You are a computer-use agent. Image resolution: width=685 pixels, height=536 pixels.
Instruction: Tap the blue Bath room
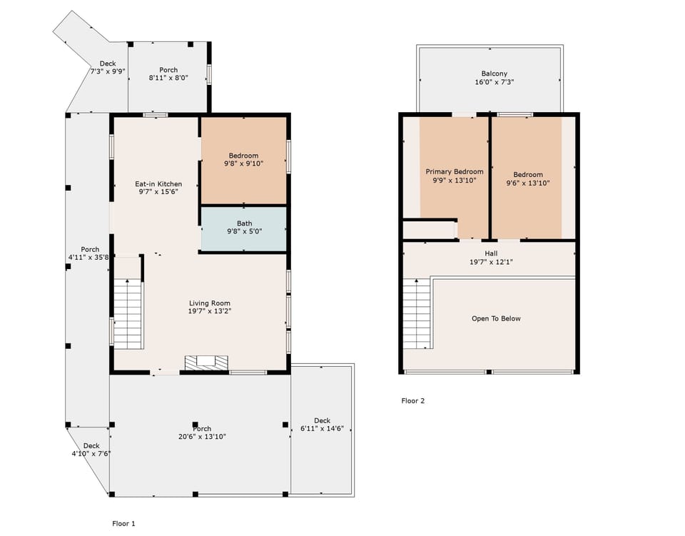(x=244, y=228)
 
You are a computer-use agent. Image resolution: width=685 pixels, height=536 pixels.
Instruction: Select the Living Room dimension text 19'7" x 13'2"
(x=209, y=312)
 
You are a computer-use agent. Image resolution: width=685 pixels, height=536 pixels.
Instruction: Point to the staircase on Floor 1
(x=128, y=314)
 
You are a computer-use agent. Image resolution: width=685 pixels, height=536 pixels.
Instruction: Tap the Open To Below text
(x=496, y=318)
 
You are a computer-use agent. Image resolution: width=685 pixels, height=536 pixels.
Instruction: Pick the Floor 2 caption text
(x=413, y=401)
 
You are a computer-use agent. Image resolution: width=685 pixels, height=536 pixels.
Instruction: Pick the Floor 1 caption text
(x=123, y=523)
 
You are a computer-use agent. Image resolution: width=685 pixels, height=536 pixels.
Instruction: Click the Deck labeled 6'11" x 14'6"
(x=322, y=424)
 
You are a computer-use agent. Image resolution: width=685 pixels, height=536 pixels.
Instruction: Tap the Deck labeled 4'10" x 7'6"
(x=91, y=450)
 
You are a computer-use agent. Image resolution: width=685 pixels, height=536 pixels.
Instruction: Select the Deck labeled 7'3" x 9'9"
(x=108, y=67)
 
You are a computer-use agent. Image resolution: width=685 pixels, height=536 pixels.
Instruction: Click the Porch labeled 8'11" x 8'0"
(x=168, y=74)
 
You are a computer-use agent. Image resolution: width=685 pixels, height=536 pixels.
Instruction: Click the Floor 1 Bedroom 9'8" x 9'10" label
(x=243, y=159)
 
